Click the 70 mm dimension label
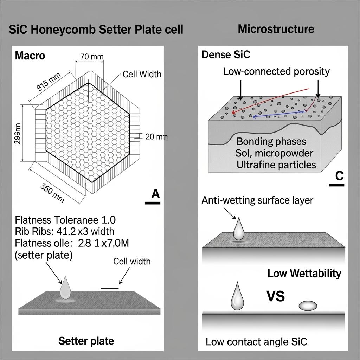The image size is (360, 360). [89, 56]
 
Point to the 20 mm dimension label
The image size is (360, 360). [156, 136]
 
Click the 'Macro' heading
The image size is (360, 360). [30, 56]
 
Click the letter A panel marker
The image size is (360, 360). [155, 194]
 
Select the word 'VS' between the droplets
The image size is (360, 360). [275, 296]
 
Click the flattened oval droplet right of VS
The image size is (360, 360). [307, 306]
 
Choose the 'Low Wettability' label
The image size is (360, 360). [304, 273]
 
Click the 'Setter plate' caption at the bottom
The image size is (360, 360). [86, 340]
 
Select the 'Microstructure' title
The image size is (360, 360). [276, 29]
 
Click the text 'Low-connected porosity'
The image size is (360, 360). [276, 71]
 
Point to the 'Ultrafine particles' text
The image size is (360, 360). [276, 165]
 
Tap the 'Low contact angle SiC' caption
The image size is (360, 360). [256, 341]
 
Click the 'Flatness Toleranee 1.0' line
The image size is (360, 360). [65, 220]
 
